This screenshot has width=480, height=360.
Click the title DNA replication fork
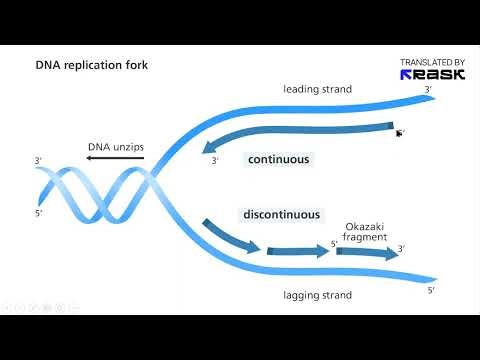coord(93,66)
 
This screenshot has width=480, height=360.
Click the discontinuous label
coord(281,214)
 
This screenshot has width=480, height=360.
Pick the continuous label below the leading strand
coord(279,159)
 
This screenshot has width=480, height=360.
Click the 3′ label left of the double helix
coord(38,160)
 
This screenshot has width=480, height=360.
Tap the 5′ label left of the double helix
coord(38,212)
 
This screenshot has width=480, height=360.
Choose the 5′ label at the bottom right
coord(430,290)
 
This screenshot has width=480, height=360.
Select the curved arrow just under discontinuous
coord(229,237)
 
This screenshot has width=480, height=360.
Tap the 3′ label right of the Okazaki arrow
coord(402,248)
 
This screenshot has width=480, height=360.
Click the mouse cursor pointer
coord(399,132)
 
